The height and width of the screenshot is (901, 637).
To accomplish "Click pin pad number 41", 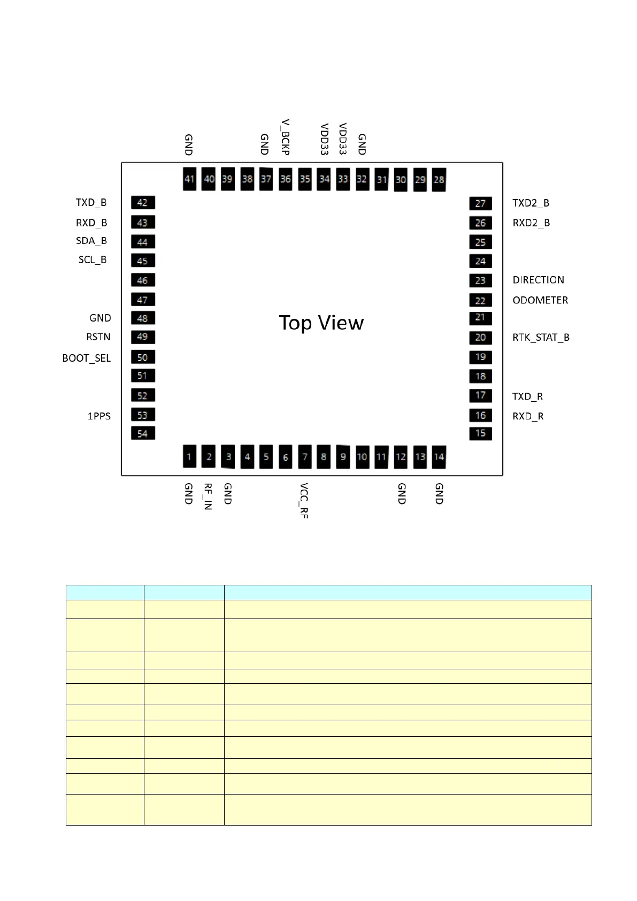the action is pos(189,179).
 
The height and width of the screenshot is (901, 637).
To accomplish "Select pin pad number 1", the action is pos(189,457).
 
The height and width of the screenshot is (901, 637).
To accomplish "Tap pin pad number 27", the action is pos(480,203).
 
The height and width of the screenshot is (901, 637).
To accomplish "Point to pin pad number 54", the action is pos(143,433).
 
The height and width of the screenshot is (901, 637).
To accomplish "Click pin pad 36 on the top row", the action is pos(286,179).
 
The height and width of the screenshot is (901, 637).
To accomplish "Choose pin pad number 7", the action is pos(305,457).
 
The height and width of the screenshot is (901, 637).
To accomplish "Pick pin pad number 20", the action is pos(480,338).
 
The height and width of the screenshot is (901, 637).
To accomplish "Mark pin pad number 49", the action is pos(143,337).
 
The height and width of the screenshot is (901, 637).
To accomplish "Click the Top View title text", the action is pos(321,323).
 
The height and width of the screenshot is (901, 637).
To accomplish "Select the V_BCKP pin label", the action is pos(286,138).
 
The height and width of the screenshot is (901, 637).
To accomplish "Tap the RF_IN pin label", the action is pos(208,497).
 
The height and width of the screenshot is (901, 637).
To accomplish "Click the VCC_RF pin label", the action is pos(304,501).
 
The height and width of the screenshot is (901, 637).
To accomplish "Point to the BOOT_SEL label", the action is pos(87,358).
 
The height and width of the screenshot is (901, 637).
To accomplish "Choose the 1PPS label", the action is pos(99,416).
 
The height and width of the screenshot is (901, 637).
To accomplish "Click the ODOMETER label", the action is pos(540,300).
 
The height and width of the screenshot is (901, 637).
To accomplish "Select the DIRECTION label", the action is pos(538,280).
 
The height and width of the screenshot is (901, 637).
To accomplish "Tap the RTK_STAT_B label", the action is pos(541,338).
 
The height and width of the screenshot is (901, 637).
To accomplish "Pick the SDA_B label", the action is pos(91,241).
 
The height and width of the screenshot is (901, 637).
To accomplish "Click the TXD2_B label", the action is pos(531,203).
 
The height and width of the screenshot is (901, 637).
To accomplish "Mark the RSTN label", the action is pos(98,337).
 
